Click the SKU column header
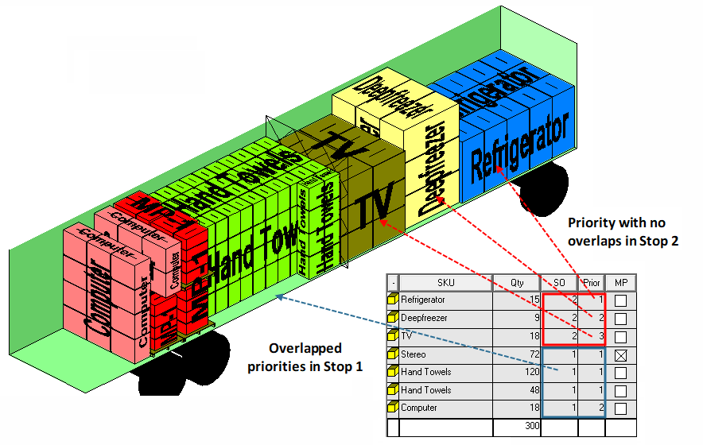point(445,282)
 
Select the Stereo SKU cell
point(414,354)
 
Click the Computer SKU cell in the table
point(419,408)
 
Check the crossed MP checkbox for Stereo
point(621,355)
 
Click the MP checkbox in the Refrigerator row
point(621,301)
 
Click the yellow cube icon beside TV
point(392,336)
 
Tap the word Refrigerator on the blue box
point(520,148)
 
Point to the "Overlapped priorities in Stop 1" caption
point(305,357)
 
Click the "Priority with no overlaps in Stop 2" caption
point(623,231)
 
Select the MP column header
point(621,282)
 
